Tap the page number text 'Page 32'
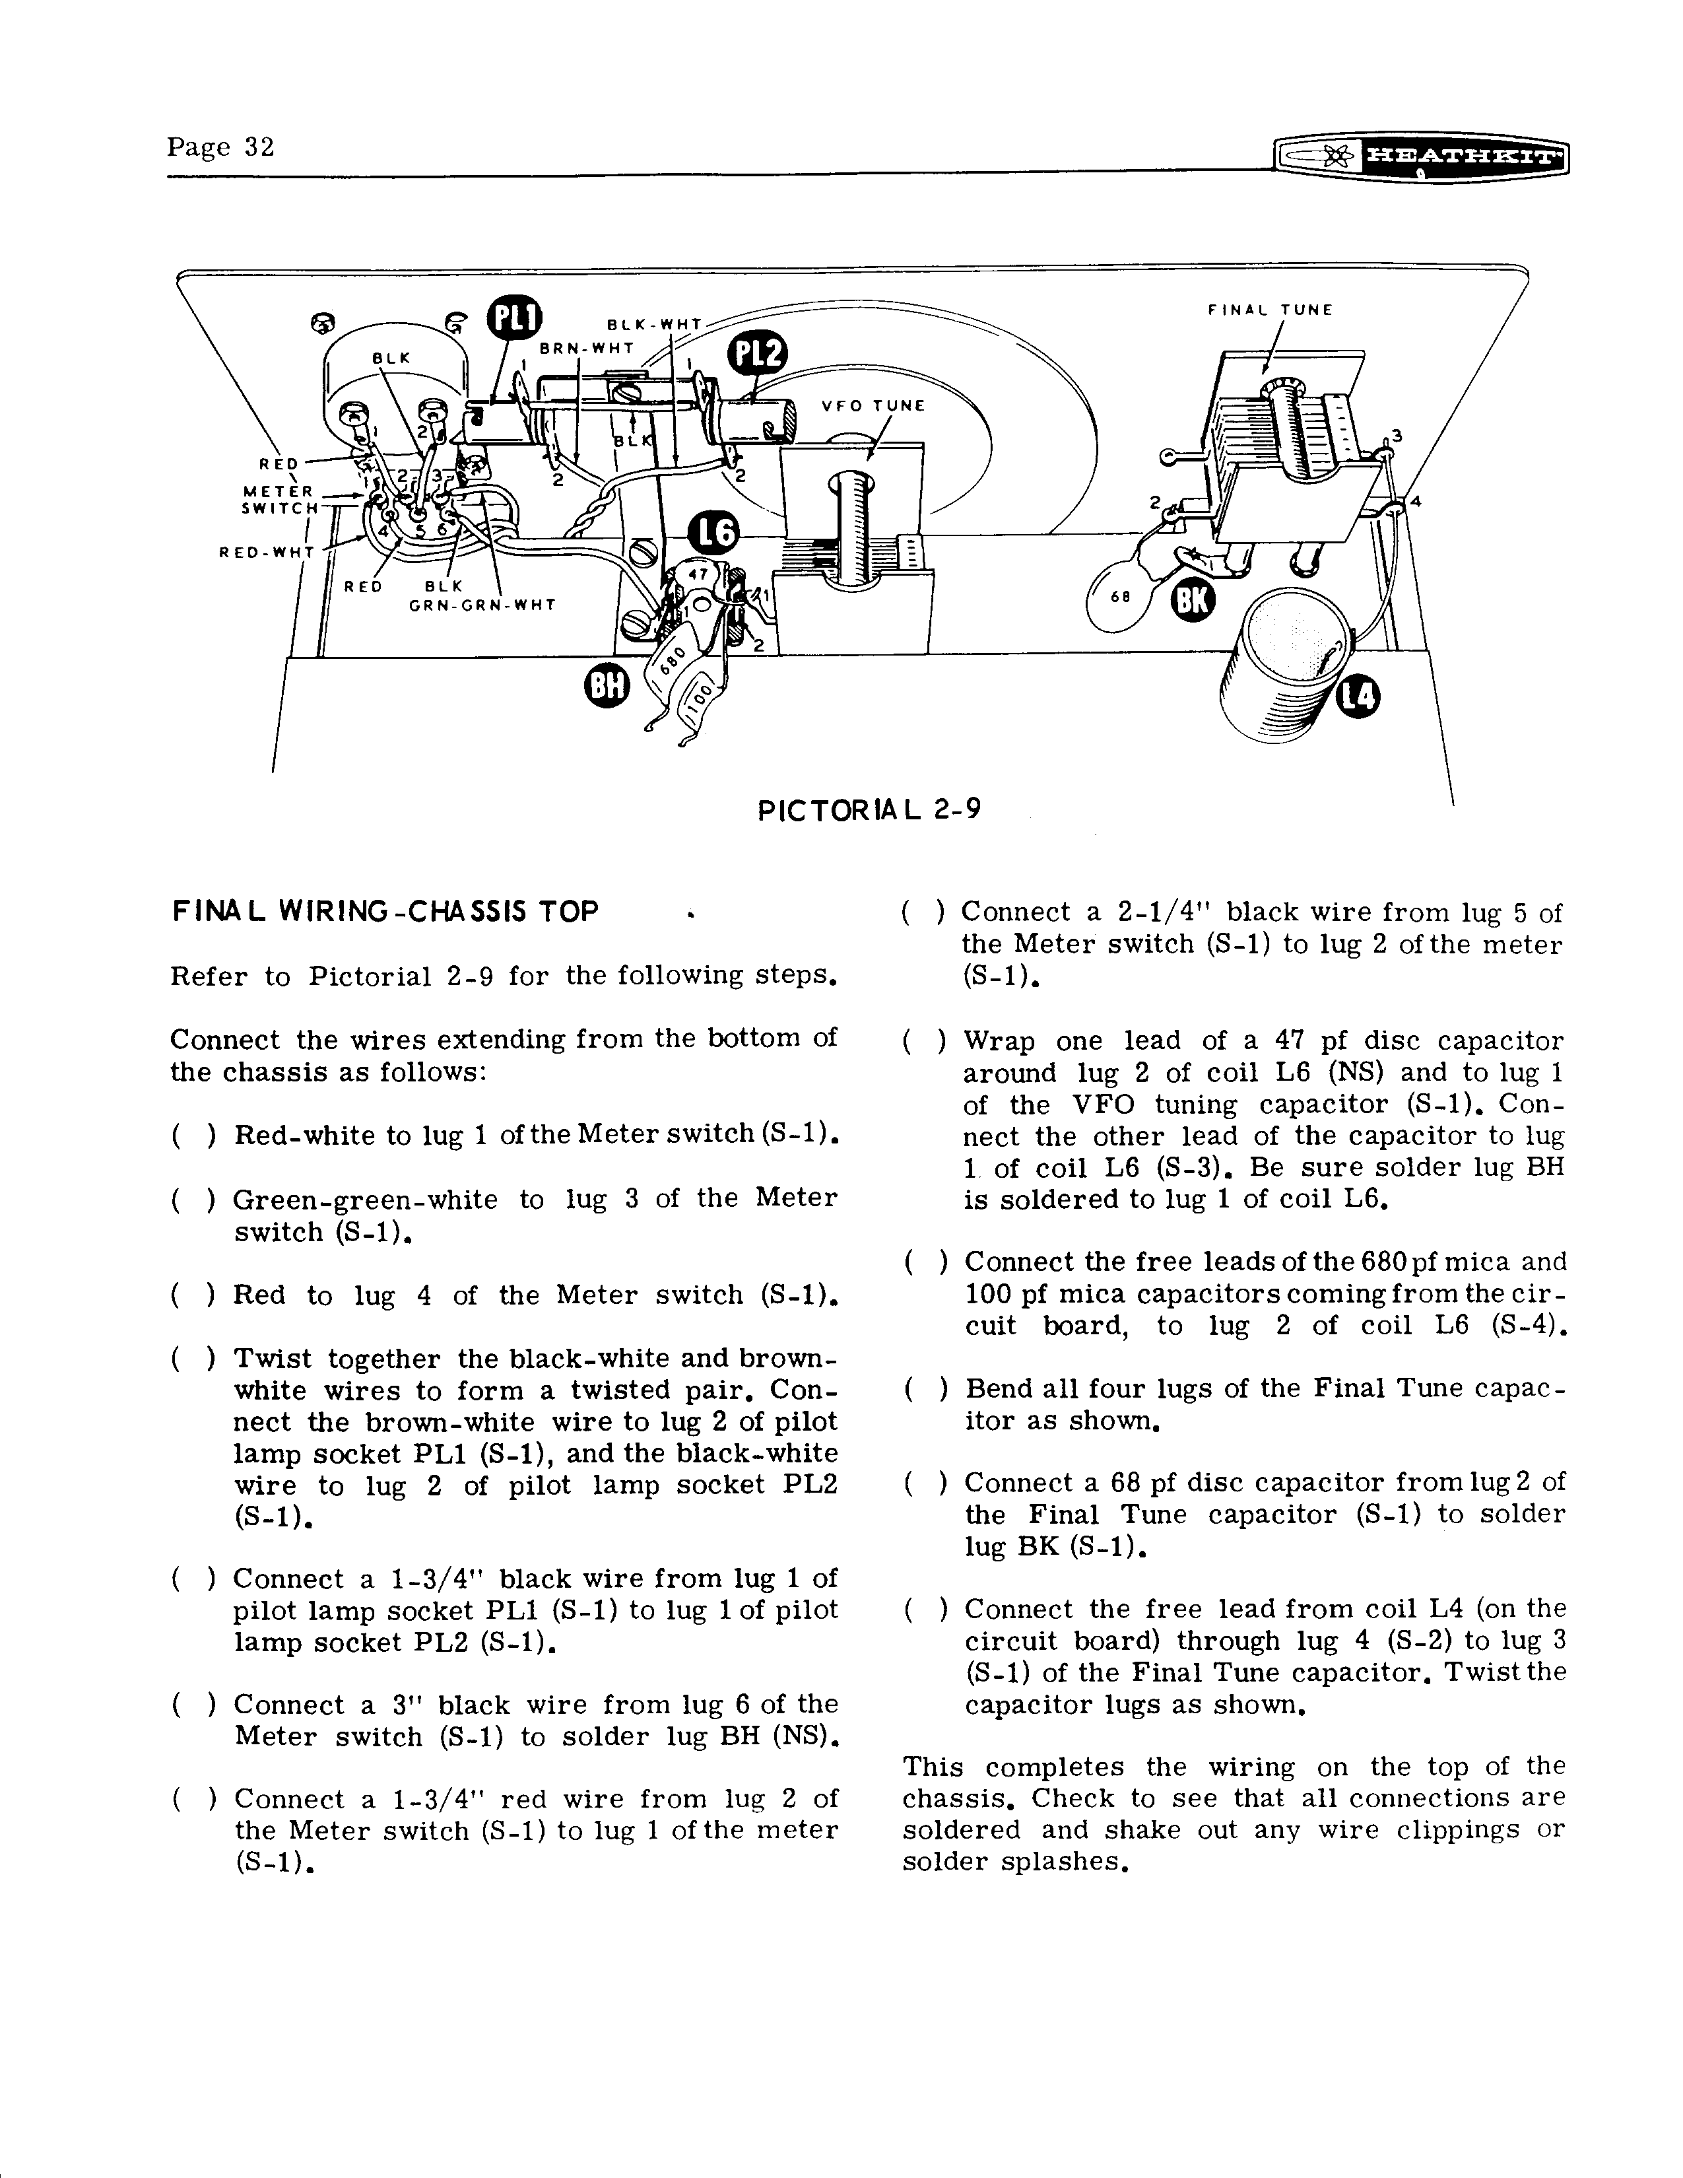coord(220,148)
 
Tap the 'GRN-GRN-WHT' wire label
coord(482,604)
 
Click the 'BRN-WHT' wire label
coord(586,348)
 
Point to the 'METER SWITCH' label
coord(280,498)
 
